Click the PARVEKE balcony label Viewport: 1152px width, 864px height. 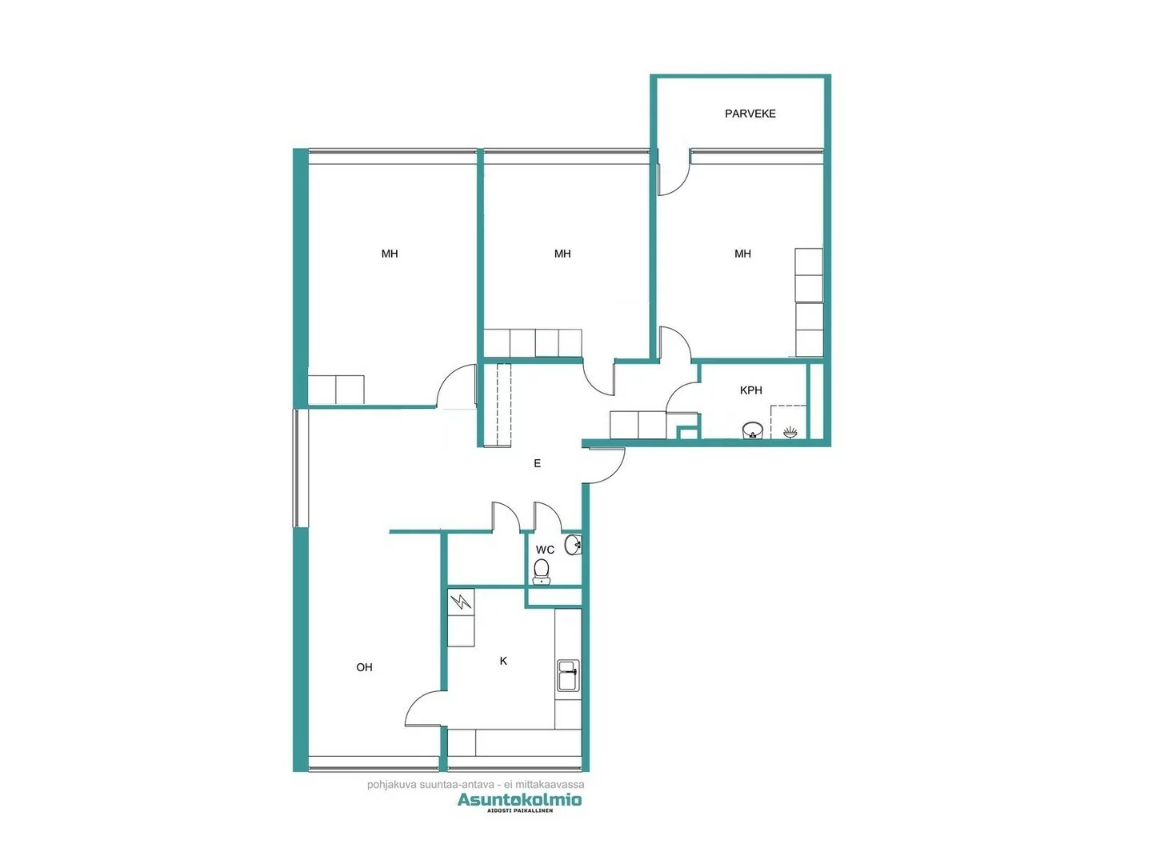click(x=750, y=114)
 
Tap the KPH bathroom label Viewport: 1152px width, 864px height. click(x=750, y=390)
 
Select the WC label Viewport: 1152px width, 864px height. click(x=545, y=550)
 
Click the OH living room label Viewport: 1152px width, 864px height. click(x=364, y=667)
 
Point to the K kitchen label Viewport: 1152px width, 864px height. click(x=503, y=661)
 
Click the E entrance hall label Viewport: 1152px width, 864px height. click(x=537, y=463)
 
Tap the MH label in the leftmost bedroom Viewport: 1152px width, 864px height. click(x=390, y=254)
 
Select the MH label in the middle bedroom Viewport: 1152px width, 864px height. click(x=562, y=254)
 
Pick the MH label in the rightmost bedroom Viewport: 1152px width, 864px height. click(x=742, y=254)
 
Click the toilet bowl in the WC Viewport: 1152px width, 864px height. click(x=542, y=571)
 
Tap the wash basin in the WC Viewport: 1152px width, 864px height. click(x=573, y=546)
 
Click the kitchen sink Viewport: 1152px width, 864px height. click(x=567, y=676)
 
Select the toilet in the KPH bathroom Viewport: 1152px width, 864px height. click(x=752, y=430)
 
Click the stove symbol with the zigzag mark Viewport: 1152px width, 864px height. click(x=461, y=601)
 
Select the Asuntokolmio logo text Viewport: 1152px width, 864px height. click(x=519, y=799)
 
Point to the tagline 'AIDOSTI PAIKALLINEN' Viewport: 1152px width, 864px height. click(x=520, y=811)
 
